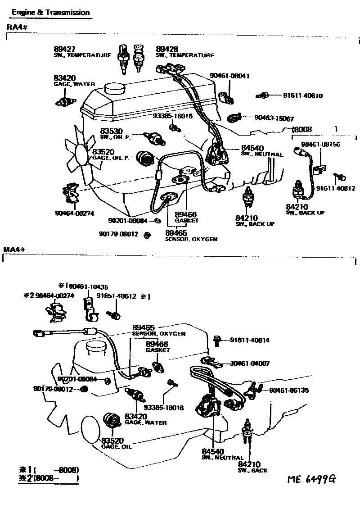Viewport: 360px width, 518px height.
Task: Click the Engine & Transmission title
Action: tap(50, 13)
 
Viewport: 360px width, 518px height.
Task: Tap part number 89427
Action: tap(63, 49)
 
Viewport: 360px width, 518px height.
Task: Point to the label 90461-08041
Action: tap(229, 76)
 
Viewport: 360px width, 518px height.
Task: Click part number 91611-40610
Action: tap(303, 96)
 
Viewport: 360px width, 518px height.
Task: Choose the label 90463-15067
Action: tap(274, 118)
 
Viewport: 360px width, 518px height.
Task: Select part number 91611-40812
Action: tap(335, 188)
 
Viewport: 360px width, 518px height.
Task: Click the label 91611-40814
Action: tap(250, 341)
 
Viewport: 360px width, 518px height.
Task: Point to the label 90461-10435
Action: tap(88, 286)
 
